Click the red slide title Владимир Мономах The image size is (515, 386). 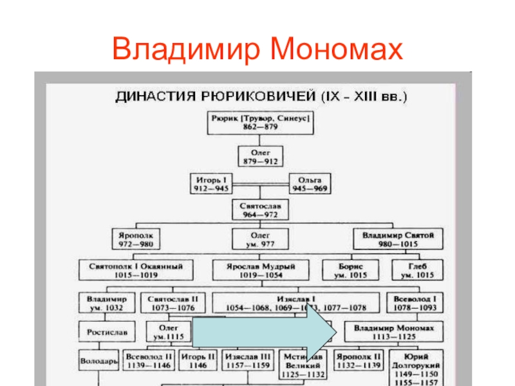click(257, 49)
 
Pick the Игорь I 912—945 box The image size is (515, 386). click(212, 183)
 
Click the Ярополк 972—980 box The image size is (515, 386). click(136, 240)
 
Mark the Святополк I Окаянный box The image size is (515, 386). click(136, 270)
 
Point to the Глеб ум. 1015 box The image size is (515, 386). click(415, 270)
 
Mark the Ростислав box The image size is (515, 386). click(107, 333)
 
